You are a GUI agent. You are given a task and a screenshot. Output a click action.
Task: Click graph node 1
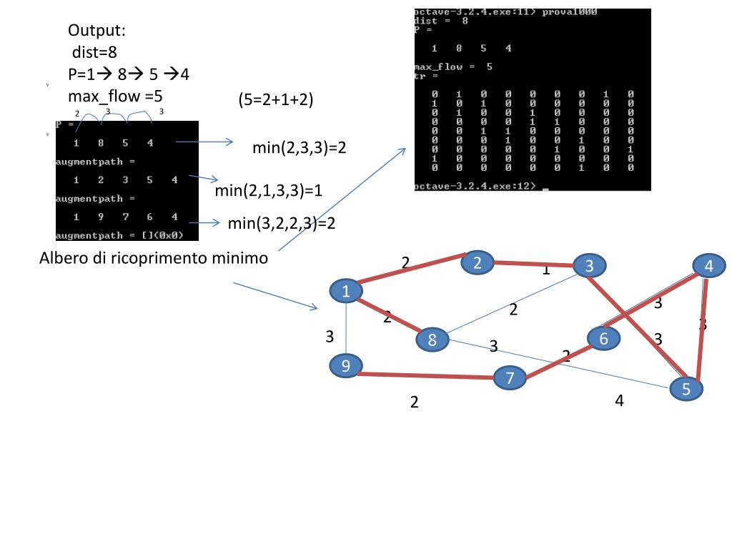click(347, 291)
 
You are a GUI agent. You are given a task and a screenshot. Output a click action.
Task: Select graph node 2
click(478, 262)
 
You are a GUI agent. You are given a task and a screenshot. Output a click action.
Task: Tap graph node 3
click(590, 266)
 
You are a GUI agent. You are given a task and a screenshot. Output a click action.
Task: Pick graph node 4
click(708, 266)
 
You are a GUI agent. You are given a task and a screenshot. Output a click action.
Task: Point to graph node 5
click(686, 389)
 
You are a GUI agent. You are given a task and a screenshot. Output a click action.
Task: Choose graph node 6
click(603, 338)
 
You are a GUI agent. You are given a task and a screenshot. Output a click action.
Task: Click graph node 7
click(510, 377)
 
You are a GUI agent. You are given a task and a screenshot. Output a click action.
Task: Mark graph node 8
click(432, 340)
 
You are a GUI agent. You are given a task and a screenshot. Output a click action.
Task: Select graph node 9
click(346, 366)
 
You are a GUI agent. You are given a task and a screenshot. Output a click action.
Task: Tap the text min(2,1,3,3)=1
click(269, 191)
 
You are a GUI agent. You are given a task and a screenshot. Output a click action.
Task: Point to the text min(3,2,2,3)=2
click(282, 223)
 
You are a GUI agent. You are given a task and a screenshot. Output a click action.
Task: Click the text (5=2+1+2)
click(276, 100)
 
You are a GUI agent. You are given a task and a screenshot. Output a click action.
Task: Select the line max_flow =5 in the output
click(116, 95)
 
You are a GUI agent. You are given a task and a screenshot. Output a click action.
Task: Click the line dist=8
click(94, 51)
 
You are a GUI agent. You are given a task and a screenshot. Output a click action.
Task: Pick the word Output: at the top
click(97, 30)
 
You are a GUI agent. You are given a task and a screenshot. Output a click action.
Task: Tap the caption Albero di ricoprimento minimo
click(154, 258)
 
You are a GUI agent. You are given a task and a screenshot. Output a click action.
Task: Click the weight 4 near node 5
click(619, 400)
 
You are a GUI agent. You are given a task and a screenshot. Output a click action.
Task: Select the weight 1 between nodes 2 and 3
click(545, 269)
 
